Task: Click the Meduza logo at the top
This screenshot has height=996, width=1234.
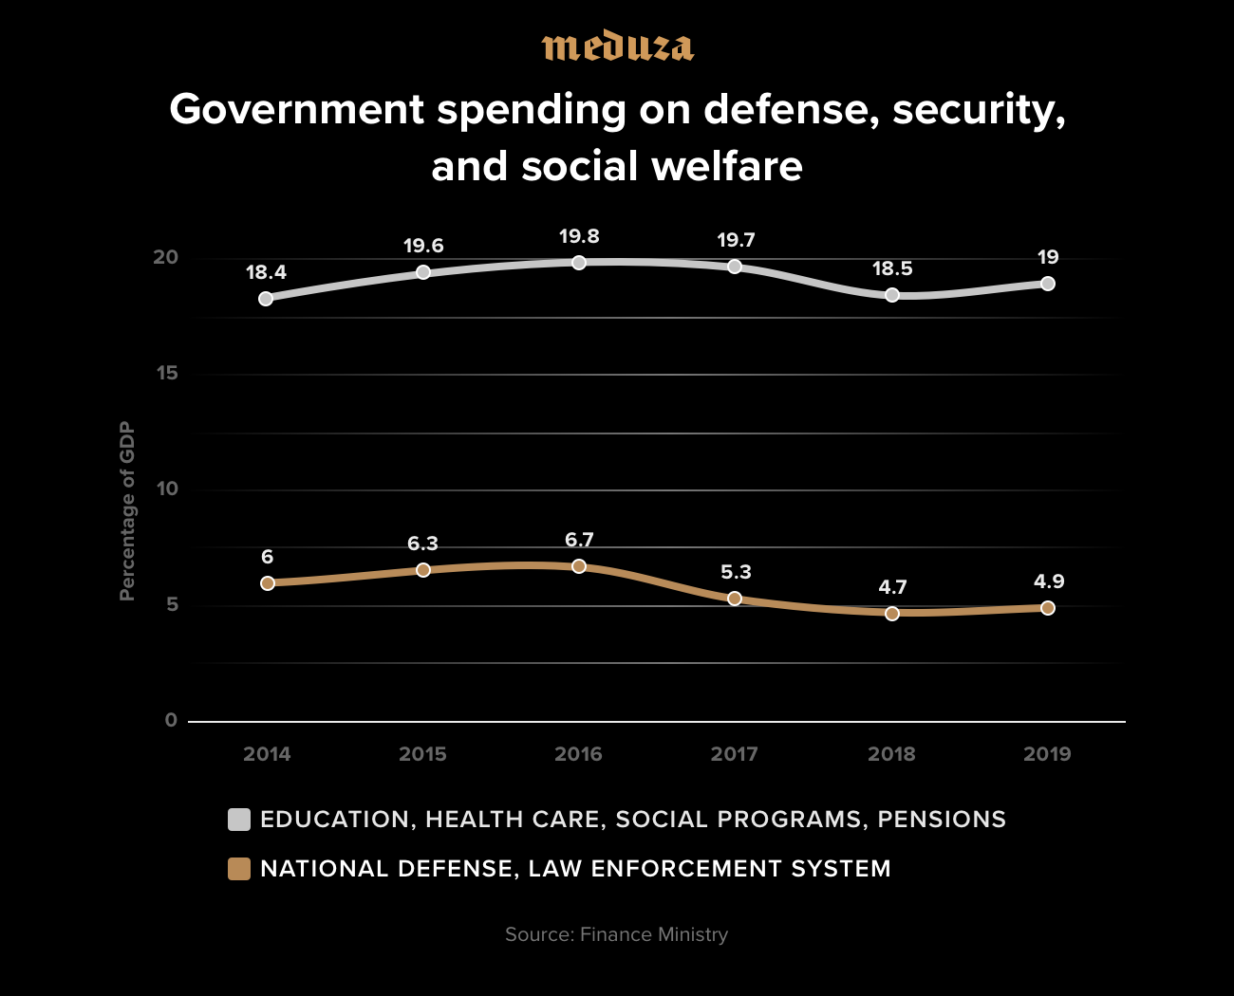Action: [x=617, y=46]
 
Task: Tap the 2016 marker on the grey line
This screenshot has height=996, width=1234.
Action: [x=579, y=263]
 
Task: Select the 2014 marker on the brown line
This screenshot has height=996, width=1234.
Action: [x=268, y=583]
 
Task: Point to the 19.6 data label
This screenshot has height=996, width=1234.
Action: [x=423, y=246]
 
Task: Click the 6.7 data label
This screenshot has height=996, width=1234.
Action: [x=579, y=540]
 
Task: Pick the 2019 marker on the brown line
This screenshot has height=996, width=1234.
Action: [x=1048, y=608]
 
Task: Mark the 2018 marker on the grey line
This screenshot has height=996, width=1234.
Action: [x=892, y=295]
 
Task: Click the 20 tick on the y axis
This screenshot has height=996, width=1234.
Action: [x=166, y=257]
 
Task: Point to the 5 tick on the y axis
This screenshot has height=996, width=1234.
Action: [x=172, y=604]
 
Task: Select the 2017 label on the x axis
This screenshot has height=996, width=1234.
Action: [x=735, y=754]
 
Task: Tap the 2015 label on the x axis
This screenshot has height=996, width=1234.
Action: [x=422, y=754]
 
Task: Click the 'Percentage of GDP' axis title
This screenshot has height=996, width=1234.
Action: [x=127, y=511]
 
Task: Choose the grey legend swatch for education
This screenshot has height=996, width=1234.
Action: [x=239, y=820]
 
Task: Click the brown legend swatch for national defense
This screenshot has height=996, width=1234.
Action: [x=239, y=869]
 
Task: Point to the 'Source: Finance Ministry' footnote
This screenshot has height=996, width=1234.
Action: [x=617, y=934]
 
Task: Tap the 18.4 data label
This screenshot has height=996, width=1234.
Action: [x=266, y=272]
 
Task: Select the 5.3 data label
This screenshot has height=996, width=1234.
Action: [x=736, y=572]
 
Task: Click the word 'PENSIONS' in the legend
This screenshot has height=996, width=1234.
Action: [x=942, y=820]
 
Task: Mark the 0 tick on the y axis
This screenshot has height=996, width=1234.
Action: [x=171, y=720]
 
